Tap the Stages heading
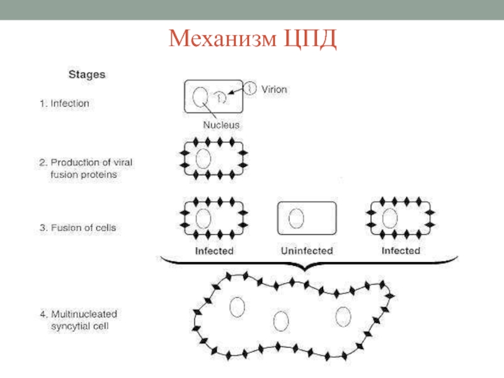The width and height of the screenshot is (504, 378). (x=86, y=74)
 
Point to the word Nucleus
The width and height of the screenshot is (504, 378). (x=221, y=125)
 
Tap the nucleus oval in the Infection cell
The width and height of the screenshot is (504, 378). (x=200, y=97)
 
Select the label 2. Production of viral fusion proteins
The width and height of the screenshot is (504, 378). (x=91, y=168)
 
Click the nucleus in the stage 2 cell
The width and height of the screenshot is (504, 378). (x=203, y=157)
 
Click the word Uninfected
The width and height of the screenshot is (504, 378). (x=307, y=251)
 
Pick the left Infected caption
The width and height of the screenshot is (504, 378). (x=214, y=251)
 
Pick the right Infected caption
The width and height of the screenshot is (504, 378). (x=401, y=251)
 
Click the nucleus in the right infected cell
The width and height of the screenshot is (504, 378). (x=390, y=218)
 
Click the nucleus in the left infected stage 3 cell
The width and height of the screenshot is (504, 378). (x=203, y=218)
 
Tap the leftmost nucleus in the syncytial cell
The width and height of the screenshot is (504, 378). (x=237, y=307)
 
